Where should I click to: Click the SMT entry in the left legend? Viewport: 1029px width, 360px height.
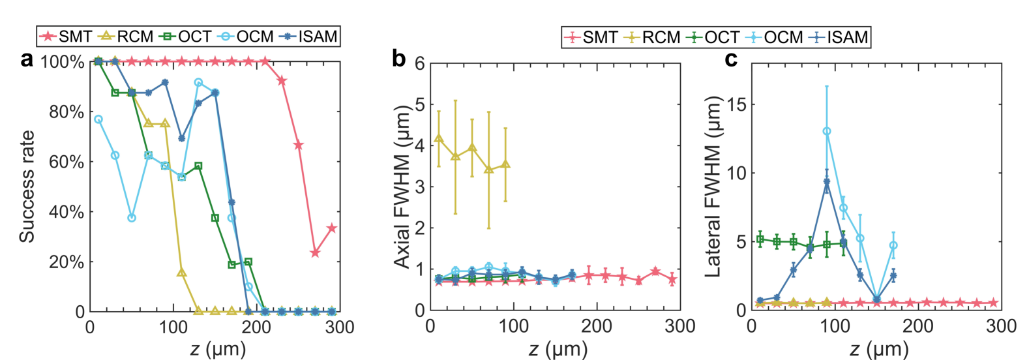tap(66, 37)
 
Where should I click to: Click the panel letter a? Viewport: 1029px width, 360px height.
tap(27, 59)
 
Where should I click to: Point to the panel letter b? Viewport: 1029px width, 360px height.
tap(399, 59)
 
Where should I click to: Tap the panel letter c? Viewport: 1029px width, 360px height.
tap(731, 59)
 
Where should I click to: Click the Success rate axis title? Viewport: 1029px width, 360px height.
tap(27, 187)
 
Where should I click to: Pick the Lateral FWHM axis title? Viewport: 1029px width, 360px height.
tap(713, 187)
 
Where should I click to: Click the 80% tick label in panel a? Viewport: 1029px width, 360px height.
tap(67, 112)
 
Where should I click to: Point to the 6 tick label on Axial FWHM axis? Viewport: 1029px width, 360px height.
tap(419, 63)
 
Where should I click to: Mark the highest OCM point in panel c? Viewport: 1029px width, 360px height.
tap(827, 131)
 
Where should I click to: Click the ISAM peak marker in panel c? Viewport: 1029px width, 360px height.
tap(827, 182)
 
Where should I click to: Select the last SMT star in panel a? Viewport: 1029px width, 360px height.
tap(331, 228)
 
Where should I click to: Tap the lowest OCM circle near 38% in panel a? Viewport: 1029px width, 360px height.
tap(132, 218)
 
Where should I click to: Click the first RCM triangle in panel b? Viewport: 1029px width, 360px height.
tap(439, 138)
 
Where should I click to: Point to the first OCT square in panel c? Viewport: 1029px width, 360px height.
tap(760, 239)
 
